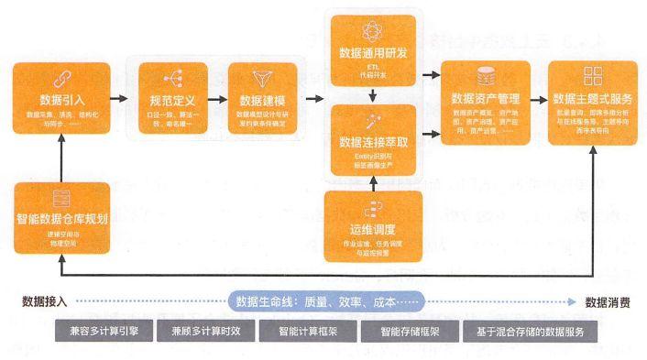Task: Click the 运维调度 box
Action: pos(372,221)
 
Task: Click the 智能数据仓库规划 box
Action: pos(63,214)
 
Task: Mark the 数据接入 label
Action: pos(44,301)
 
